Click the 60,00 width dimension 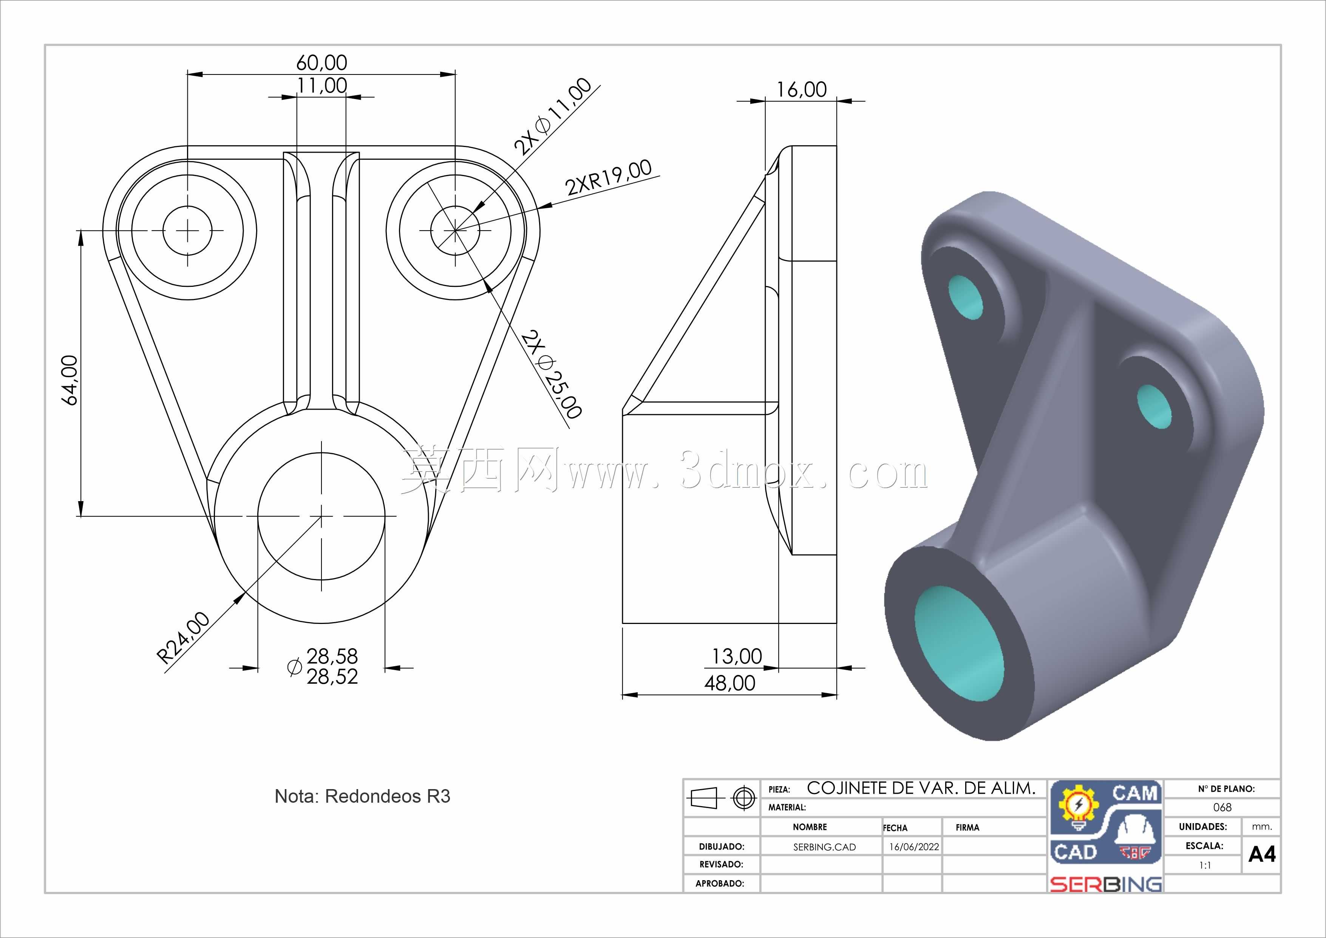322,62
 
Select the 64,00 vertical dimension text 69,380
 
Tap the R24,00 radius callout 184,638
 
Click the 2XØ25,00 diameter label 551,374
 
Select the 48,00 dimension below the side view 730,683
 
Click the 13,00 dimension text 737,656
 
